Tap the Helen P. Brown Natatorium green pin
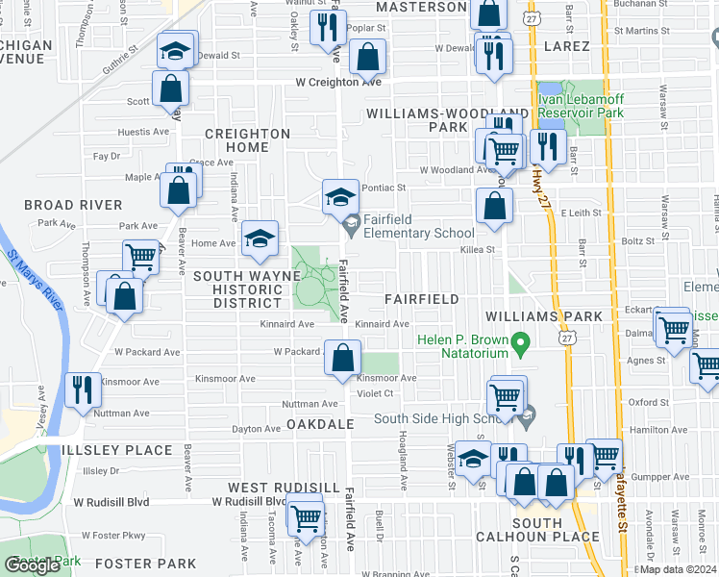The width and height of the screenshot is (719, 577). pos(520,342)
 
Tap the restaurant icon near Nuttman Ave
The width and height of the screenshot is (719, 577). pos(82,389)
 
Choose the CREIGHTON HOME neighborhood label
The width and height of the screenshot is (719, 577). pos(247,140)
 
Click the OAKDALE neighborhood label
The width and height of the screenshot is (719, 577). pos(321,424)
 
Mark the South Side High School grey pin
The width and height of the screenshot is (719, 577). pos(527,417)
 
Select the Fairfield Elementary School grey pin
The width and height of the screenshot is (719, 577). pos(351,227)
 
